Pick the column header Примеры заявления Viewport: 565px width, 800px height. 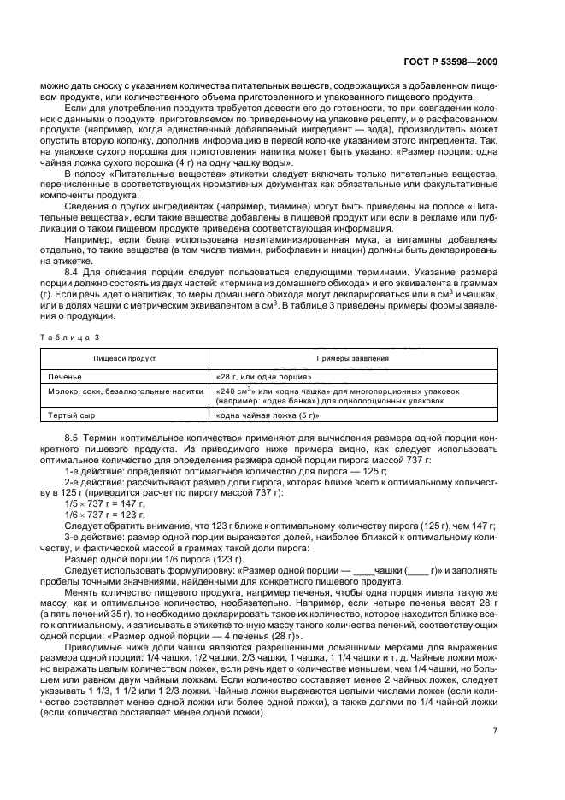(x=352, y=359)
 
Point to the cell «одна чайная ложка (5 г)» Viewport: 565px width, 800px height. (x=268, y=415)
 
